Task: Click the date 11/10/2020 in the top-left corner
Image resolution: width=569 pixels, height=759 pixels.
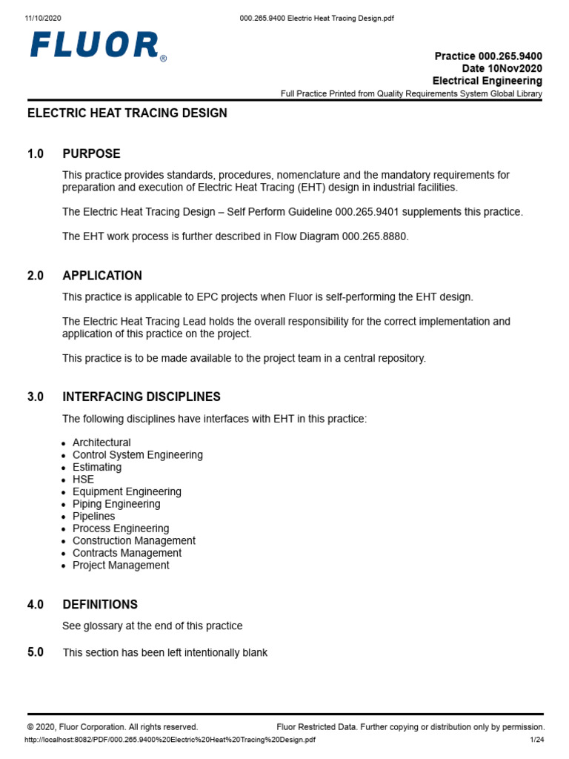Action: click(x=44, y=18)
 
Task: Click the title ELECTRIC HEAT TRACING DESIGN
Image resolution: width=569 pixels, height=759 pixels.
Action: click(x=127, y=113)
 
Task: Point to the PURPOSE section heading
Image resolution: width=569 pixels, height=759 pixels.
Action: click(x=91, y=154)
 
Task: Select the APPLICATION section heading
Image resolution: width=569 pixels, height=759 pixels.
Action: click(x=102, y=276)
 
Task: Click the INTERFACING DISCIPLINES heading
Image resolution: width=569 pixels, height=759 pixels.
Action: click(x=142, y=397)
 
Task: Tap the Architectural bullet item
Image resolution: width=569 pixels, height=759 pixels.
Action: click(x=102, y=443)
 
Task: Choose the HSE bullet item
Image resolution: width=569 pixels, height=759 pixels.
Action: click(x=83, y=480)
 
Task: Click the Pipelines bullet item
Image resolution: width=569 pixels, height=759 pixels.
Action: click(x=93, y=516)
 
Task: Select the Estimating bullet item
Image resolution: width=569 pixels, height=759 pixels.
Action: click(x=97, y=467)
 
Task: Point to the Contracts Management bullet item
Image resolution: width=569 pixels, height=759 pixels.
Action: click(x=127, y=553)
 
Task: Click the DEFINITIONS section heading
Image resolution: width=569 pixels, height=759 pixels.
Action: click(x=100, y=605)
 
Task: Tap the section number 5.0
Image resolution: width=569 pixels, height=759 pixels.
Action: click(x=36, y=652)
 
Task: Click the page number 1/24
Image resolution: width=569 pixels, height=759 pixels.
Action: click(x=536, y=740)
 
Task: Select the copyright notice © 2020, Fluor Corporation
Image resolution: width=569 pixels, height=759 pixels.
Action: click(x=113, y=727)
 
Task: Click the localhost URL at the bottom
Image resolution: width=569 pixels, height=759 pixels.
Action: click(x=170, y=740)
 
